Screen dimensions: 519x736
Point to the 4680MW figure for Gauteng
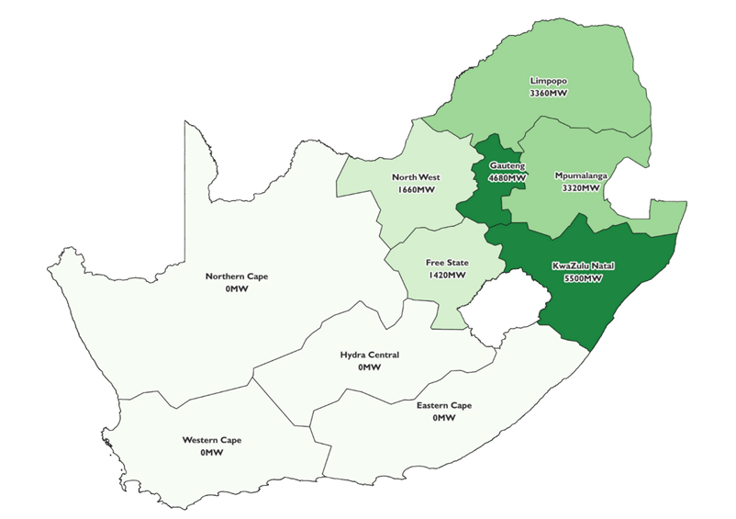click(507, 177)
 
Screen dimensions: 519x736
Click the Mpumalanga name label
click(580, 175)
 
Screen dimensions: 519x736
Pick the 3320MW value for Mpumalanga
click(580, 187)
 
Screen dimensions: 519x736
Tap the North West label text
click(416, 177)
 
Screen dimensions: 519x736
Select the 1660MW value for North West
click(416, 190)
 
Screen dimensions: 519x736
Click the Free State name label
click(445, 262)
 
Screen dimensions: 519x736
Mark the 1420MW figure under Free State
click(445, 275)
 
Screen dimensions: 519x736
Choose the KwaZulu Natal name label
click(584, 266)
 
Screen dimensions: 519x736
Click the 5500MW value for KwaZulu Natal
click(584, 279)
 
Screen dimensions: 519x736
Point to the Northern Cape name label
click(237, 276)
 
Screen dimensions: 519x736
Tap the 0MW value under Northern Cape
click(237, 289)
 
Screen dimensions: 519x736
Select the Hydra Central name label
click(370, 355)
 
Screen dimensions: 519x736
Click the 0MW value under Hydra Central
click(370, 367)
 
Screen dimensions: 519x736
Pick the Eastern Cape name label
click(444, 405)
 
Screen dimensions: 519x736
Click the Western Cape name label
click(212, 440)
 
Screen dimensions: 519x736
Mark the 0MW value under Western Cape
click(212, 453)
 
